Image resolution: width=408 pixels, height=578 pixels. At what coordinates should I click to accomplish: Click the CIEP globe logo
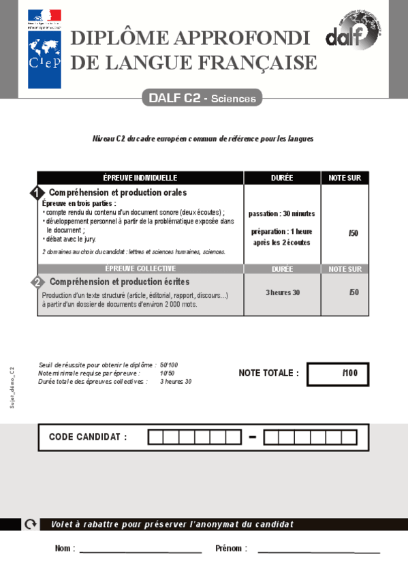pyautogui.click(x=44, y=59)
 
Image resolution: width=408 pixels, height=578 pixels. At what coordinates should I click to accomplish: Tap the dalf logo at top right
pyautogui.click(x=352, y=31)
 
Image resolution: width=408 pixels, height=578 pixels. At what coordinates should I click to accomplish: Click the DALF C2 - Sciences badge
pyautogui.click(x=202, y=98)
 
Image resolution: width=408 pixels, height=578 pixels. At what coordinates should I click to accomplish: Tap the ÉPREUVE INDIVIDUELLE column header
pyautogui.click(x=140, y=177)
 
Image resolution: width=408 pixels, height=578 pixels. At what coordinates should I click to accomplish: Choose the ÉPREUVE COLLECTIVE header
pyautogui.click(x=140, y=269)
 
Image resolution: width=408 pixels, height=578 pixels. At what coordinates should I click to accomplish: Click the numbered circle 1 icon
pyautogui.click(x=37, y=194)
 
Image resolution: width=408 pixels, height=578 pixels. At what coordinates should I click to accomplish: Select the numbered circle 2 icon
pyautogui.click(x=37, y=282)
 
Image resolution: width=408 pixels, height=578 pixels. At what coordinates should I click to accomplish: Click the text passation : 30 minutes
pyautogui.click(x=281, y=213)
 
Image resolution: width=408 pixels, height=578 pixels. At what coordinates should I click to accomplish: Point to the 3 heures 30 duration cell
pyautogui.click(x=282, y=292)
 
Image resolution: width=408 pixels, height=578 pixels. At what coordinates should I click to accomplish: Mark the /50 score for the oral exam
pyautogui.click(x=353, y=233)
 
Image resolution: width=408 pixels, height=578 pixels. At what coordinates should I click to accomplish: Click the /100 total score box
pyautogui.click(x=338, y=374)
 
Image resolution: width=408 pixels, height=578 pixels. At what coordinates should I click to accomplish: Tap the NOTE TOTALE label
pyautogui.click(x=268, y=374)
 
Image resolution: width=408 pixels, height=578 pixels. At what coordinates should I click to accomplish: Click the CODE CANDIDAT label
pyautogui.click(x=88, y=437)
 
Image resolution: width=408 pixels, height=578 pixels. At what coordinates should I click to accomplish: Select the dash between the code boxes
pyautogui.click(x=252, y=437)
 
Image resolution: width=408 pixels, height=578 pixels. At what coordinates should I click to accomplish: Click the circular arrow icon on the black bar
pyautogui.click(x=30, y=524)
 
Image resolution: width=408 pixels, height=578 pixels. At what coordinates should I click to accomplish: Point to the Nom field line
pyautogui.click(x=140, y=551)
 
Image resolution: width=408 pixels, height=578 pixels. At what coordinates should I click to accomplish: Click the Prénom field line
pyautogui.click(x=318, y=551)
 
